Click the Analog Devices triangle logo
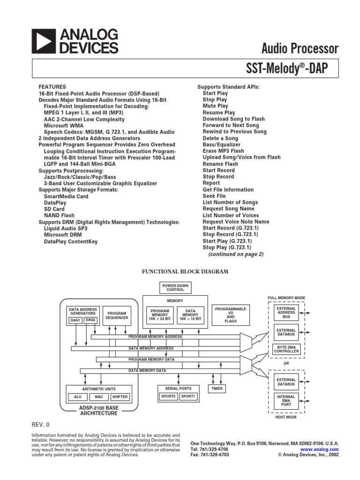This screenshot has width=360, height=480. [44, 41]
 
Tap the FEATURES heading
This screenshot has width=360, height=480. [52, 87]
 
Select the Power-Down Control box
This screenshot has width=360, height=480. [172, 287]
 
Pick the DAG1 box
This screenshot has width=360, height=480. [75, 320]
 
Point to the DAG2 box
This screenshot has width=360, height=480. [90, 320]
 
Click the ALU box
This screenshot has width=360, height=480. [77, 397]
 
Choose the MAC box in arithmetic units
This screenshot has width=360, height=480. [98, 397]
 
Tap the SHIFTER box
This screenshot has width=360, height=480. [120, 397]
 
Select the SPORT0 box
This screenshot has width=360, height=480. [168, 397]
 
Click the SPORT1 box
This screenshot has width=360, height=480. [189, 397]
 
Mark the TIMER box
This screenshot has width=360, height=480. [217, 389]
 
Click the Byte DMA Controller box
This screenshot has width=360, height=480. [286, 349]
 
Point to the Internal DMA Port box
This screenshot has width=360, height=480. [286, 401]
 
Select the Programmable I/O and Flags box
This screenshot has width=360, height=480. [230, 315]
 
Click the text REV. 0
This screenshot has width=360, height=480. [40, 425]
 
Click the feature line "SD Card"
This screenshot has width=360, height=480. [54, 209]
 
